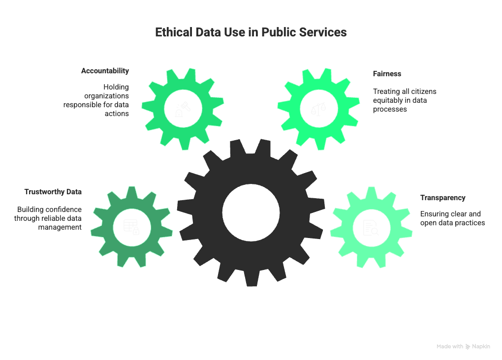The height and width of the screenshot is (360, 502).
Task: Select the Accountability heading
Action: coord(105,71)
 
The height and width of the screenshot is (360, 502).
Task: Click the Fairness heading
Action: coord(387,74)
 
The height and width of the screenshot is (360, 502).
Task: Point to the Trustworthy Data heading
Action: coord(53,192)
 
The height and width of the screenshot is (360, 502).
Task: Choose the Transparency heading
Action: coord(442,198)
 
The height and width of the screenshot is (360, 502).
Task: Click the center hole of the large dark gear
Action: coord(250,212)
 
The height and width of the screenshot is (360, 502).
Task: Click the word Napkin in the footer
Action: coord(481,347)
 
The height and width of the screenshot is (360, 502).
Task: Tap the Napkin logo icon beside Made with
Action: coord(468,347)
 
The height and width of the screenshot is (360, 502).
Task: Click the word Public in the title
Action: coord(278,32)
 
